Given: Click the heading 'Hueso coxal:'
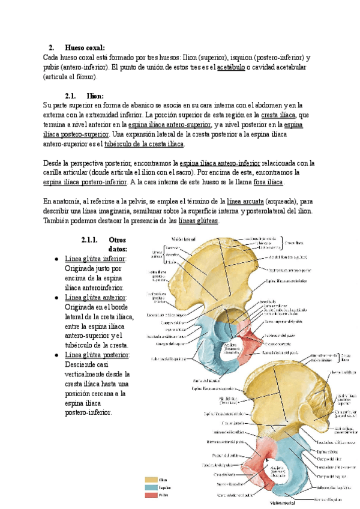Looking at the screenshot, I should point(85,47).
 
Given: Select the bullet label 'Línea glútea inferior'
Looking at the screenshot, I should point(95,259).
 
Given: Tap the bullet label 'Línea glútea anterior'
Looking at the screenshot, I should point(95,297).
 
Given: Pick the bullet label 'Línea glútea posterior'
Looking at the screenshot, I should point(97,355).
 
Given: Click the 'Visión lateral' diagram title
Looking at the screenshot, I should point(183,239).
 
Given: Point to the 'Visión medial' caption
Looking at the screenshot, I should point(283,504).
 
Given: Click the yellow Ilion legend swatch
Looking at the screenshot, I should point(150,480).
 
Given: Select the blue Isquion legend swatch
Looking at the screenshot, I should point(150,487).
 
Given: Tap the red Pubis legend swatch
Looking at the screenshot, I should point(150,495).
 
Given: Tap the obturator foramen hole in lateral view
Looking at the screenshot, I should point(229,349).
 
